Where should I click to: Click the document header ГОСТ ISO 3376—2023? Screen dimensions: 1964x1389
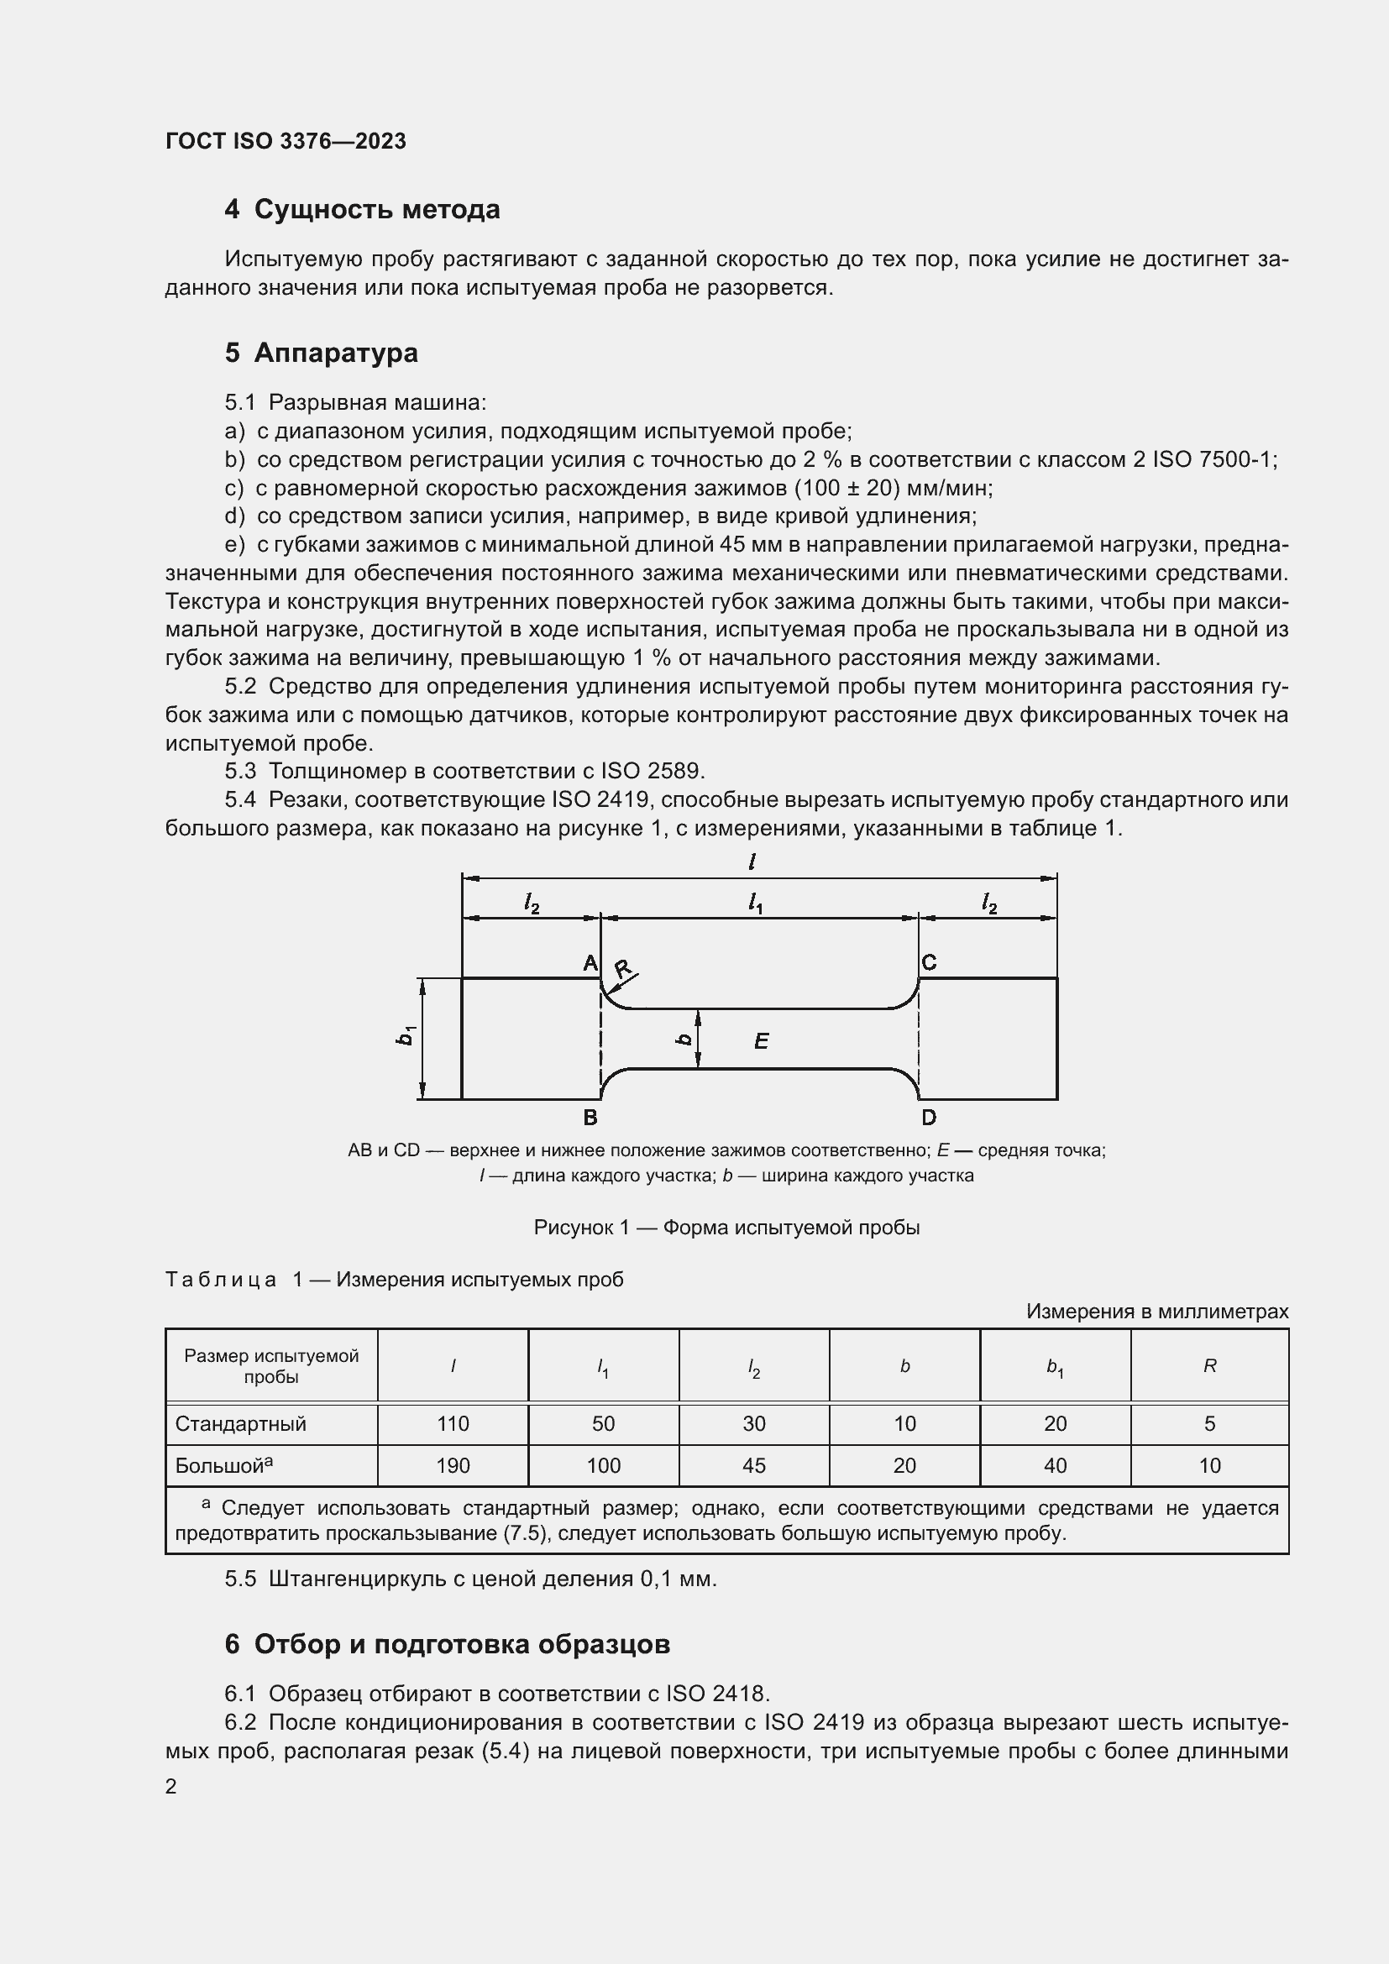[x=286, y=141]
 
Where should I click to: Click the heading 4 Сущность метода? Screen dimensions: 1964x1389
[x=362, y=210]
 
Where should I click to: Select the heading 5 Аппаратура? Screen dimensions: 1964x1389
[x=321, y=353]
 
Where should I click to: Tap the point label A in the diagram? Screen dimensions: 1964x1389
[x=590, y=963]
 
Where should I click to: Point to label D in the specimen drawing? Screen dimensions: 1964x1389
[x=929, y=1117]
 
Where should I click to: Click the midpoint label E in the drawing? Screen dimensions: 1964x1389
[x=761, y=1041]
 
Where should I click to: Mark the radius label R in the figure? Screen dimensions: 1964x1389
[x=622, y=968]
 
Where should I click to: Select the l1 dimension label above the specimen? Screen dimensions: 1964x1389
[x=755, y=903]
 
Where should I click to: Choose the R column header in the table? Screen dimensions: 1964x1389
[x=1209, y=1366]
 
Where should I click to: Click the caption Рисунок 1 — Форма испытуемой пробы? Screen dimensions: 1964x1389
[x=726, y=1228]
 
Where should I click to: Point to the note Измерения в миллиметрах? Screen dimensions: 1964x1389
[x=1156, y=1312]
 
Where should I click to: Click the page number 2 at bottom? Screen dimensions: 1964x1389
[x=171, y=1786]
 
